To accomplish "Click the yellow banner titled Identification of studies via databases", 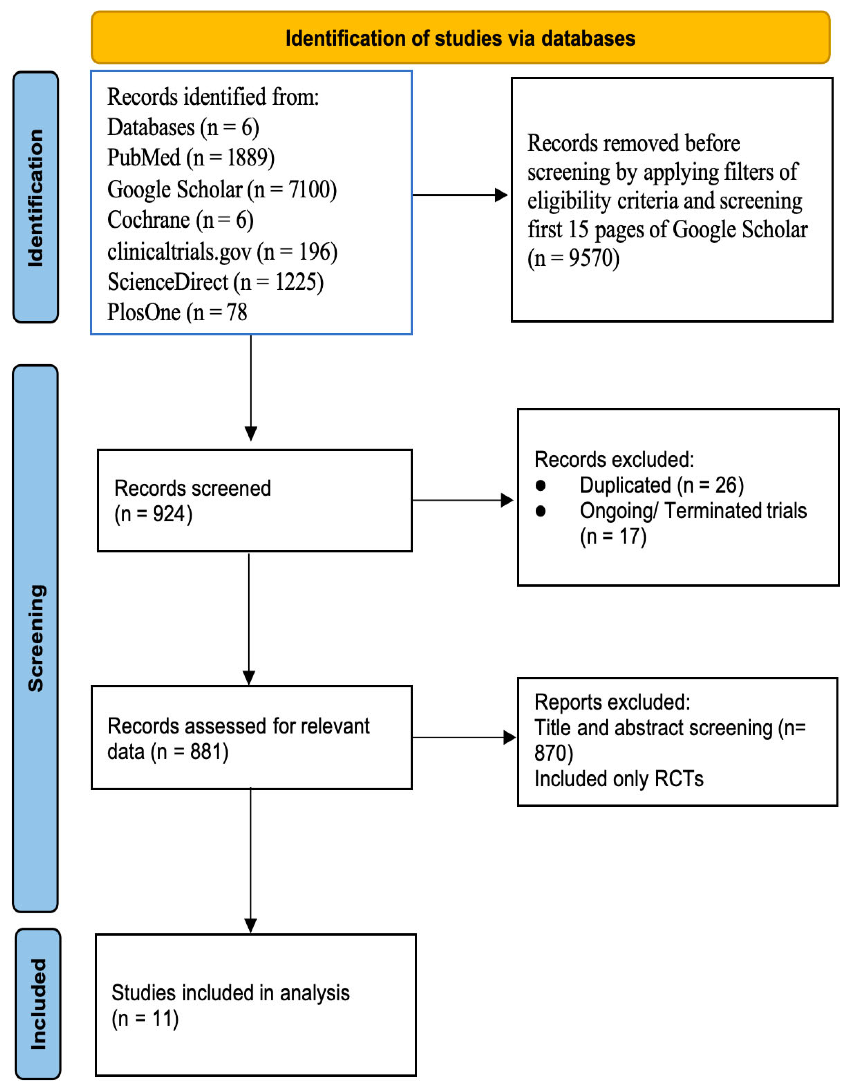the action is (461, 38).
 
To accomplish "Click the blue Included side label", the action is (38, 1003).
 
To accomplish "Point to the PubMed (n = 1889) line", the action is (191, 158).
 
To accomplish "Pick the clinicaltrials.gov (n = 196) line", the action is (223, 251).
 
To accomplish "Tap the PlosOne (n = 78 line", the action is (178, 313).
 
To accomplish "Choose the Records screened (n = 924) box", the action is (255, 501).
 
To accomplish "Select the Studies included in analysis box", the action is (255, 1005).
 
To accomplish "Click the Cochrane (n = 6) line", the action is (181, 220).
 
